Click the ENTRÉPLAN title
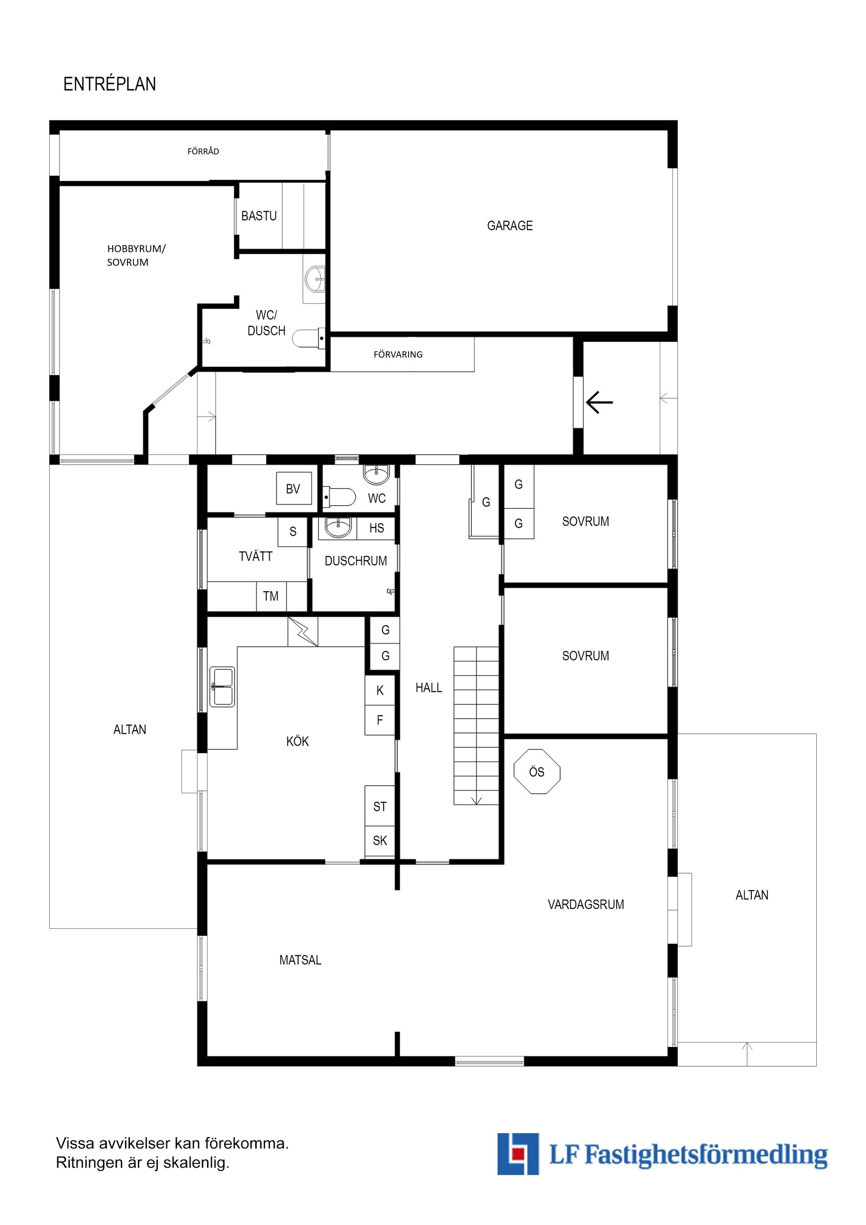[x=110, y=84]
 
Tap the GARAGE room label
[x=510, y=226]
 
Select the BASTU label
[x=259, y=216]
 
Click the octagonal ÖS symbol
[x=537, y=772]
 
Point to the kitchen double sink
[x=222, y=686]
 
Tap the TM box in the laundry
[x=271, y=596]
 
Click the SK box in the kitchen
[x=380, y=841]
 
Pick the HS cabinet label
[x=377, y=528]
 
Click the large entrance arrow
[x=599, y=402]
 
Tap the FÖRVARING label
[x=398, y=354]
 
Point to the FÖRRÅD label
[x=203, y=152]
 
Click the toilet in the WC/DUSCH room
[x=309, y=338]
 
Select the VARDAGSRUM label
[x=586, y=904]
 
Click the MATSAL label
[x=300, y=960]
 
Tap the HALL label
[x=429, y=688]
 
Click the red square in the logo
[x=516, y=1153]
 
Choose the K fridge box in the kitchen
[x=380, y=691]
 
